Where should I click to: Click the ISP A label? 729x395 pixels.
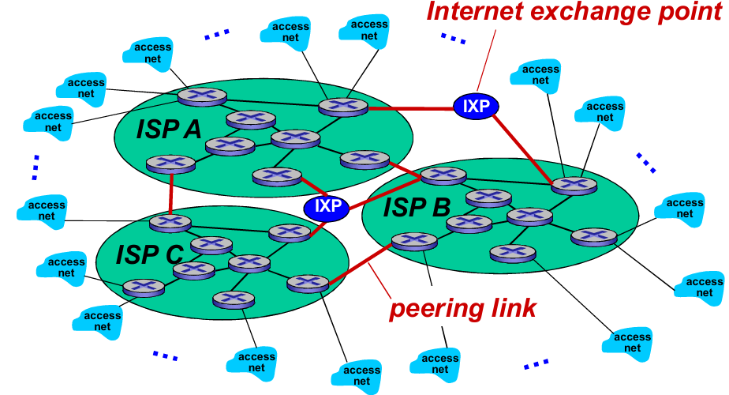[x=169, y=128]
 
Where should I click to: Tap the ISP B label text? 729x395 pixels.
[x=417, y=208]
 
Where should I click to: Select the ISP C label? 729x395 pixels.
[x=149, y=254]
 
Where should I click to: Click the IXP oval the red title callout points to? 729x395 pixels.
[x=477, y=107]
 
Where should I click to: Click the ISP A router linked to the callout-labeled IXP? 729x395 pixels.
[x=344, y=107]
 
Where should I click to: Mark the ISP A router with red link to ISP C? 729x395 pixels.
[x=170, y=164]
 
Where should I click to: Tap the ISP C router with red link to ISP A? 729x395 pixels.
[x=170, y=221]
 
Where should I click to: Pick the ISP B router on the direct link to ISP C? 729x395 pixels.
[x=413, y=240]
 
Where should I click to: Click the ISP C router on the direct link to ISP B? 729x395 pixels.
[x=307, y=283]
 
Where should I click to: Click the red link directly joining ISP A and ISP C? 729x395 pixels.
[x=170, y=193]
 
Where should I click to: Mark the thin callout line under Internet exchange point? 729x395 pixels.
[x=485, y=62]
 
